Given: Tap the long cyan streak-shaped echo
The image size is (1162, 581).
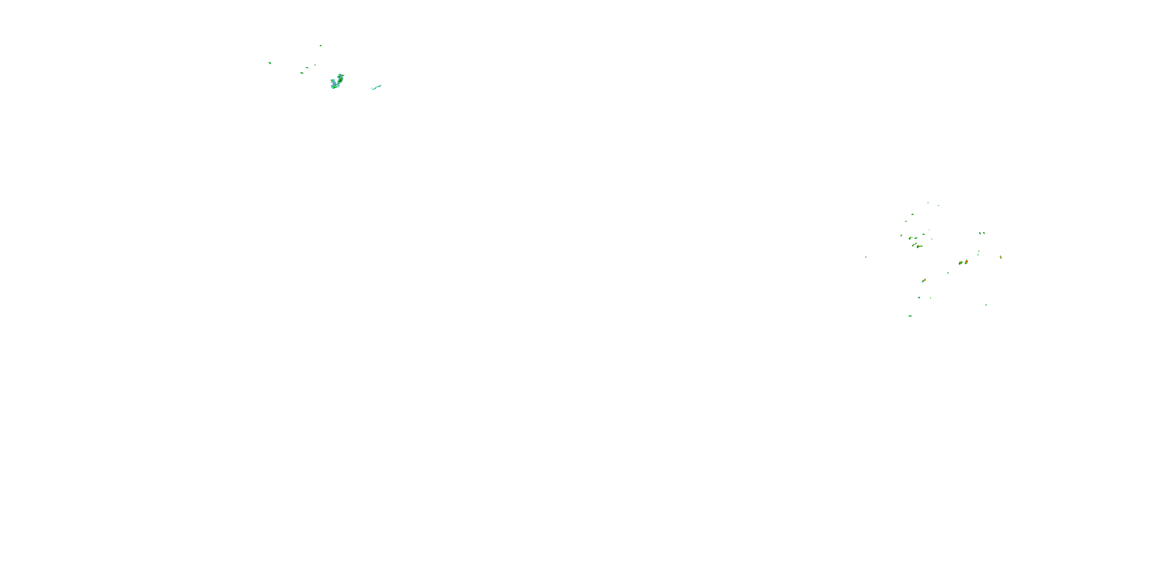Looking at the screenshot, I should click(x=376, y=87).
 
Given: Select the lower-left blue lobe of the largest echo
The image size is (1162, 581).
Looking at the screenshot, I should click(x=334, y=86).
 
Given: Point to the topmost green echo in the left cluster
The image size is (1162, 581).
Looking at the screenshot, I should click(x=321, y=45).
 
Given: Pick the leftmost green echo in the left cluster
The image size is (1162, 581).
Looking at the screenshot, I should click(x=270, y=63).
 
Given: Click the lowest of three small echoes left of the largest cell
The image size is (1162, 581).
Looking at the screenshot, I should click(x=302, y=73).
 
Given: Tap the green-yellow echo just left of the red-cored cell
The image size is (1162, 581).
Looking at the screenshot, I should click(x=960, y=263).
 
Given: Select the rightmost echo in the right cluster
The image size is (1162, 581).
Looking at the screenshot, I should click(x=1000, y=257).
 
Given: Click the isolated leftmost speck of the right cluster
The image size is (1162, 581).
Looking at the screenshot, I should click(x=866, y=257).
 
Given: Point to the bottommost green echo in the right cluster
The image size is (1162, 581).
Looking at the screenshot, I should click(x=910, y=316).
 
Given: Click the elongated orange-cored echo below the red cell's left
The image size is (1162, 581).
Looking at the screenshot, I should click(x=923, y=280).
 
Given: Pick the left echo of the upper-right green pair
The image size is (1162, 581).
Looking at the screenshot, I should click(x=980, y=233).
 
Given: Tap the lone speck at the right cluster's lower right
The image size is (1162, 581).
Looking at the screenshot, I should click(x=986, y=305).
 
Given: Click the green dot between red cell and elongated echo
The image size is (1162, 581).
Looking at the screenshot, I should click(x=948, y=273).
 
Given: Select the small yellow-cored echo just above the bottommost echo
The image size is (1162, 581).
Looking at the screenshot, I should click(x=919, y=298).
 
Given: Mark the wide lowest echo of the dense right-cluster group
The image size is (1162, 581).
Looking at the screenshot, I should click(x=919, y=247).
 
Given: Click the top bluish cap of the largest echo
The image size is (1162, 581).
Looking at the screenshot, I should click(x=340, y=75).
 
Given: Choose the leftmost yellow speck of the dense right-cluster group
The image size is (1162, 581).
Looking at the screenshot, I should click(x=901, y=236).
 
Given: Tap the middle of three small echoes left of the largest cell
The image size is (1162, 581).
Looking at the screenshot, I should click(x=307, y=67).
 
